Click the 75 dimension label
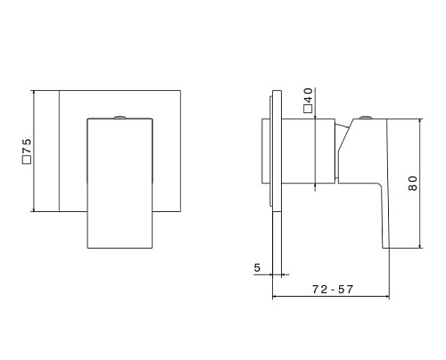[x=27, y=145]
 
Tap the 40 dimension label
[x=309, y=94]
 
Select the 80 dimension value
[x=413, y=184]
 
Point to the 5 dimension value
[x=257, y=267]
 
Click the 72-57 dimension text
[x=333, y=290]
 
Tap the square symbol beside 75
[x=27, y=160]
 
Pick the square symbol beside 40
[x=308, y=109]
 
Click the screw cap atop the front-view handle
[x=120, y=117]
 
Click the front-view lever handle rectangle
[x=120, y=184]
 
